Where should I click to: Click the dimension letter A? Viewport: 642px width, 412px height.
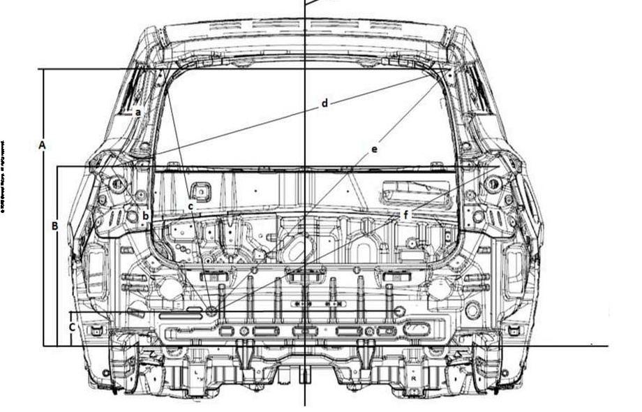(43, 145)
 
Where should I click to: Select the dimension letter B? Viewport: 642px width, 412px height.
(54, 226)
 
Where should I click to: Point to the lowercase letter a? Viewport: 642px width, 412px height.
(138, 112)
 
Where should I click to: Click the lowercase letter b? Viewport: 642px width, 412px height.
(145, 216)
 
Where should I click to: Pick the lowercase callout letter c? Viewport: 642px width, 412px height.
(190, 207)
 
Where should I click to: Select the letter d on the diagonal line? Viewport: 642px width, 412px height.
(324, 103)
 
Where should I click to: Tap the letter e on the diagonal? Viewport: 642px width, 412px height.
(374, 149)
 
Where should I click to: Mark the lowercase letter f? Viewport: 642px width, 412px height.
(405, 214)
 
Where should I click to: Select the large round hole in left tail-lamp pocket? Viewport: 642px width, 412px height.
(117, 185)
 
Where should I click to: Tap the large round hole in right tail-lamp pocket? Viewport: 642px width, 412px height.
(493, 185)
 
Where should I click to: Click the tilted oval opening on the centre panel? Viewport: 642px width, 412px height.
(300, 249)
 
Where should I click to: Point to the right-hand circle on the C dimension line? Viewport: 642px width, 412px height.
(400, 311)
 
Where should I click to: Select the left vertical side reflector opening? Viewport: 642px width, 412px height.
(95, 270)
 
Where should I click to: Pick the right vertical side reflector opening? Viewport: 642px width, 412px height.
(515, 270)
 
